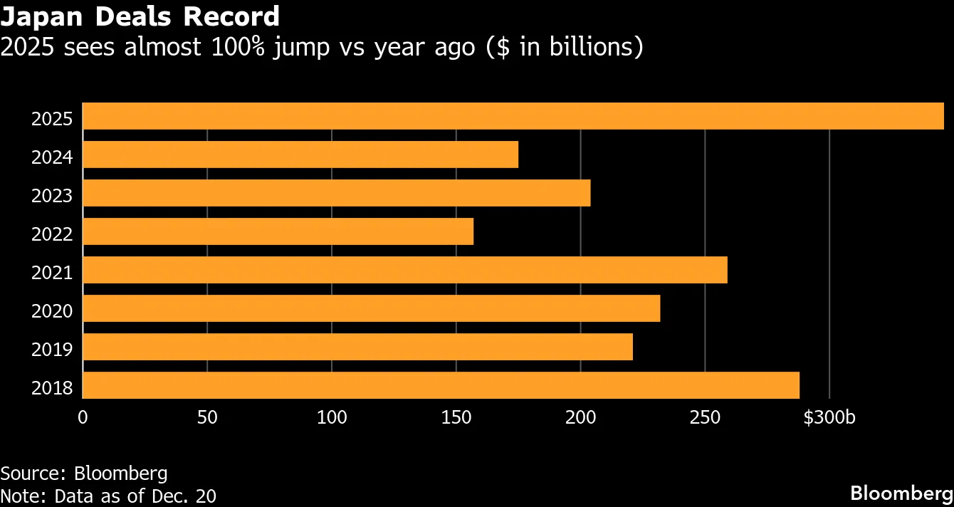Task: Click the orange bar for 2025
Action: coord(513,116)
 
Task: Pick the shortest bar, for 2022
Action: coord(278,231)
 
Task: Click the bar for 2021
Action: coord(405,270)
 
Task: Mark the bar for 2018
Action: coord(441,385)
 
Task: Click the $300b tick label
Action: coord(829,418)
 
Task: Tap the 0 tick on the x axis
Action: coord(83,418)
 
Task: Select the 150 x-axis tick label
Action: coord(456,418)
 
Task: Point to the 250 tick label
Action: coord(705,418)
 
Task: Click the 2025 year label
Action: coord(52,118)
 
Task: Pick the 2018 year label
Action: coord(52,388)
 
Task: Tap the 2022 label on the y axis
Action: coord(52,234)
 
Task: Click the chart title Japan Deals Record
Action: coord(140,16)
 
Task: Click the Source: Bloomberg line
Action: coord(84,474)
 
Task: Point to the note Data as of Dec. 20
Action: coord(108,495)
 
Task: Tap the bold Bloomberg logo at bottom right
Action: coord(901,493)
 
